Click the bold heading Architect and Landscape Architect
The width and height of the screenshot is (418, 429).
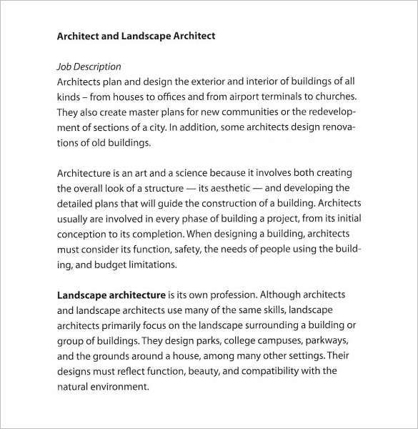pyautogui.click(x=136, y=35)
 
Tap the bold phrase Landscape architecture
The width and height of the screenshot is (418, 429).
pyautogui.click(x=110, y=294)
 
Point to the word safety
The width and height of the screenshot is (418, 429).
pyautogui.click(x=180, y=249)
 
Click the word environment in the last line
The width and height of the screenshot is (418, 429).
pyautogui.click(x=119, y=386)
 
